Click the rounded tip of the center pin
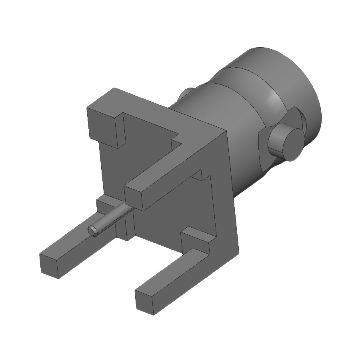click(93, 230)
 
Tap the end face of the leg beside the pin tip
click(50, 265)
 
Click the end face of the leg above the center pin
click(134, 198)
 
